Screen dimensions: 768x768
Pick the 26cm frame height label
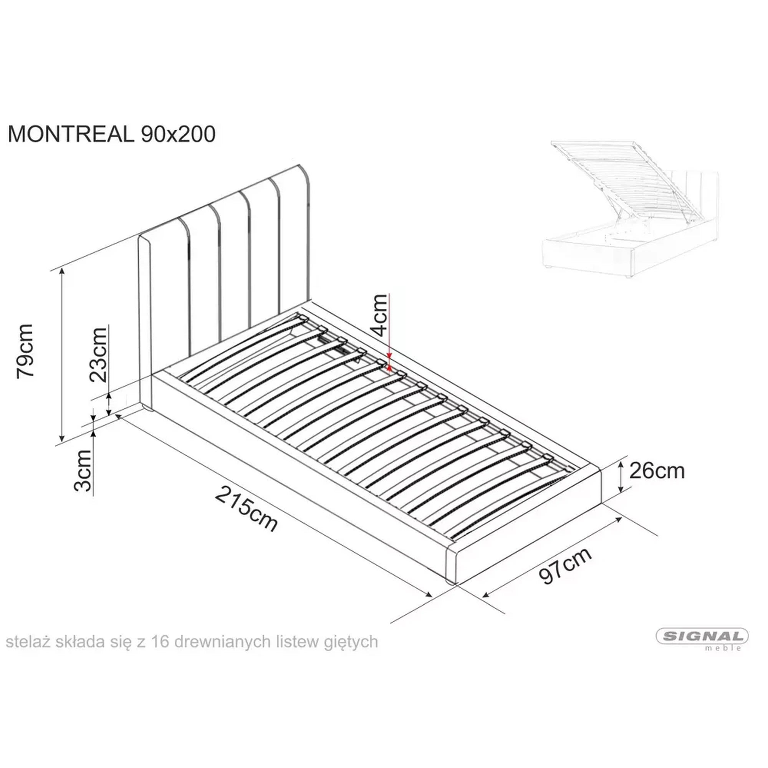657,472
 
